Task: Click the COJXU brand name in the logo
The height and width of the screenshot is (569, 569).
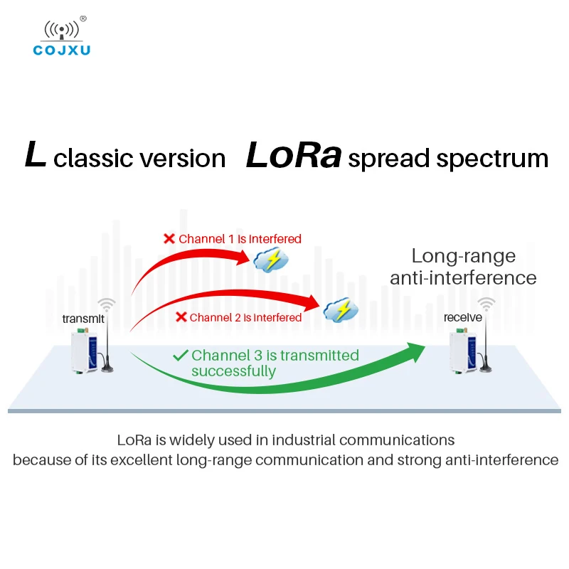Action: point(62,50)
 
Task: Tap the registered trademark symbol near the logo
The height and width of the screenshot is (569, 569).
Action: point(83,18)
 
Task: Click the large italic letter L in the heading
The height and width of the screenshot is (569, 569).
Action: point(35,156)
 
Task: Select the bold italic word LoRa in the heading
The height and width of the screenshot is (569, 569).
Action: point(294,156)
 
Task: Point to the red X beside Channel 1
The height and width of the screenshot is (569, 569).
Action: point(169,239)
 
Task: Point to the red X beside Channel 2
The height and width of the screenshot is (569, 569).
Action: point(181,317)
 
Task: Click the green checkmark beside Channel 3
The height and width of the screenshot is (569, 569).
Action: point(181,355)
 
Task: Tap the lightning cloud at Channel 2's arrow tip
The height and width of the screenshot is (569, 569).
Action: point(341,309)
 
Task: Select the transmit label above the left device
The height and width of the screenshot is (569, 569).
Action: point(83,319)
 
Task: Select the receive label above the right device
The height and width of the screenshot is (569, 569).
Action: point(463,317)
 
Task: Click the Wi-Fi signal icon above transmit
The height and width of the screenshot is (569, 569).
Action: point(107,304)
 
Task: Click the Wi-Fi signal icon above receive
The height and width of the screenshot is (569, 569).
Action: point(486,304)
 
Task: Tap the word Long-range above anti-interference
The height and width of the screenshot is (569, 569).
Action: point(464,256)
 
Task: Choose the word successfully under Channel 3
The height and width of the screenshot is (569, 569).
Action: point(233,371)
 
